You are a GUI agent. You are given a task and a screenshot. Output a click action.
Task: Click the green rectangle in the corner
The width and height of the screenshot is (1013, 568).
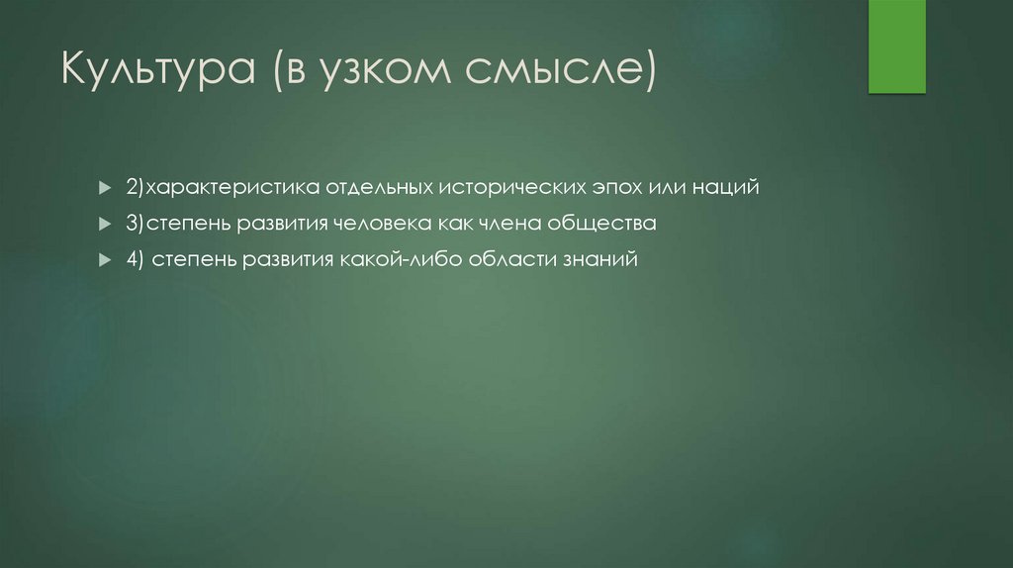(896, 47)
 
